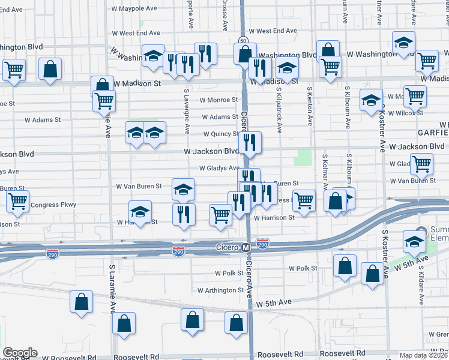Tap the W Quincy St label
tap(221, 134)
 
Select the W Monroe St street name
tap(219, 100)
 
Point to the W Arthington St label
tap(221, 290)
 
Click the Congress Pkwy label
tap(53, 205)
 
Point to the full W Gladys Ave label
tap(219, 169)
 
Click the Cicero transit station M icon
tap(245, 247)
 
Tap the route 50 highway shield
tap(243, 40)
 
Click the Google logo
tap(19, 353)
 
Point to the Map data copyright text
tap(423, 355)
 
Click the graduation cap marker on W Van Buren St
tap(184, 190)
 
